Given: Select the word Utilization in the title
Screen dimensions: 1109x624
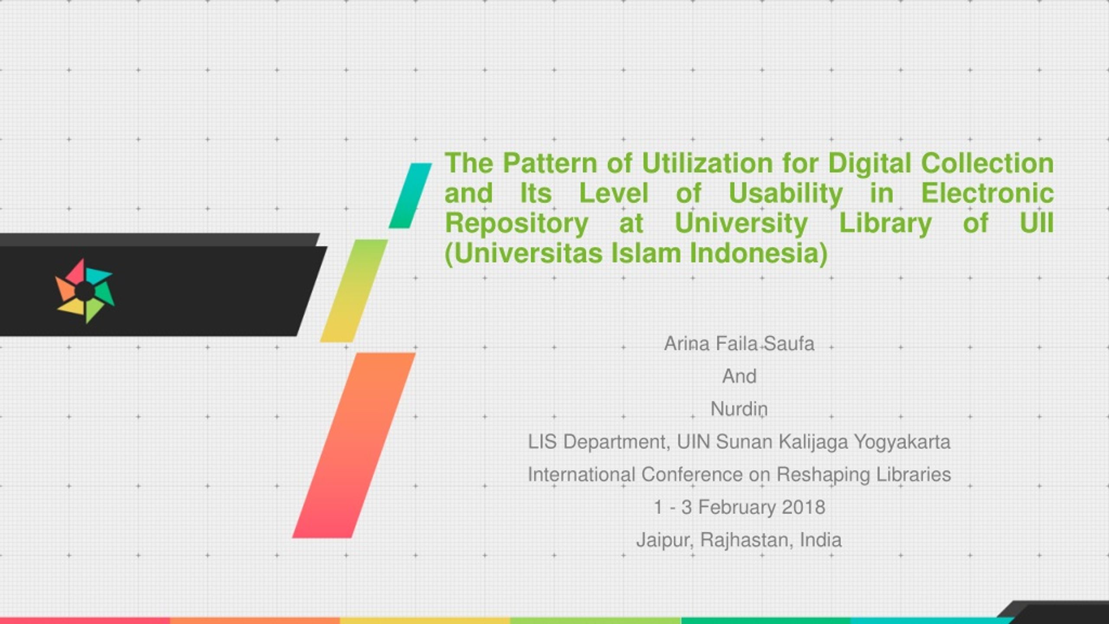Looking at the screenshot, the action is tap(707, 163).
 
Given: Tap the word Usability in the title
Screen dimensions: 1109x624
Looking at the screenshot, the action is tap(786, 194).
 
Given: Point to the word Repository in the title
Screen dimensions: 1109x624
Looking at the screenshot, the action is tap(517, 224).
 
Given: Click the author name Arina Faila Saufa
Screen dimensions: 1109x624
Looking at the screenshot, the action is tap(739, 344).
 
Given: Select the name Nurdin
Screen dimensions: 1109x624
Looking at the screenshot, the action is tap(739, 409).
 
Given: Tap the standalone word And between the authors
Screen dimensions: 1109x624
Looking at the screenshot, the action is tap(739, 376).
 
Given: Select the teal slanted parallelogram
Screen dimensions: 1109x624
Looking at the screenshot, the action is tap(410, 195).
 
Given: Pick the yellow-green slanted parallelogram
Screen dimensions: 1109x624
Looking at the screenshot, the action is tap(354, 291).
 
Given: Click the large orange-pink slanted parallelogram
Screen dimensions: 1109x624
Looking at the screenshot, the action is tap(354, 445).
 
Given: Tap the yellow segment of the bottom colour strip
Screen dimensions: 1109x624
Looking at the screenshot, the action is tap(425, 621).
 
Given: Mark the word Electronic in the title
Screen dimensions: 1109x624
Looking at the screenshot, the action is tap(987, 194).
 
